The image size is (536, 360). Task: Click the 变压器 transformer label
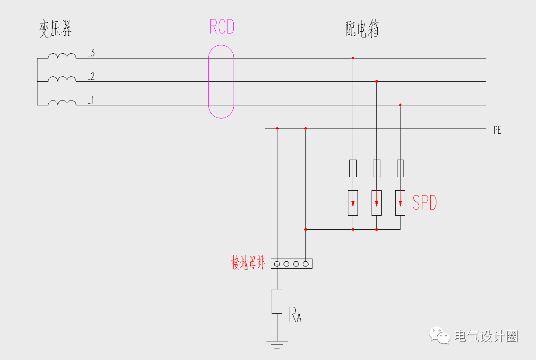pos(56,29)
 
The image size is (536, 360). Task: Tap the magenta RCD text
pos(221,27)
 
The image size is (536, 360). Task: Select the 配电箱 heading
pos(362,30)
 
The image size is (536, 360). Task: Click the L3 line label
pos(91,53)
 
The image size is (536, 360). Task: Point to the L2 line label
pos(91,76)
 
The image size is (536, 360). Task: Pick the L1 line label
pos(91,100)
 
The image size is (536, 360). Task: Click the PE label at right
pos(497,130)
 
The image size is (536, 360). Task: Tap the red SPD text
pos(425,203)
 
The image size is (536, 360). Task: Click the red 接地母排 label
pos(248,263)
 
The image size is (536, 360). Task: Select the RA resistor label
pos(295,314)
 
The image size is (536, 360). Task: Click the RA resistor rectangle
pos(277,300)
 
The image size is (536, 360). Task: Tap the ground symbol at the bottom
pos(277,343)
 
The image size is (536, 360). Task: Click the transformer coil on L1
pos(62,103)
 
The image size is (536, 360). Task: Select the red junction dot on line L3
pos(353,58)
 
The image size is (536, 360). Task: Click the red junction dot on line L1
pos(400,105)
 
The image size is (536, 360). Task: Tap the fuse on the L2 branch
pos(376,168)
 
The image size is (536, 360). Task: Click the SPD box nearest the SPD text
pos(400,203)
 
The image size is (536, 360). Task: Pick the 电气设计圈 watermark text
pos(486,336)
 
